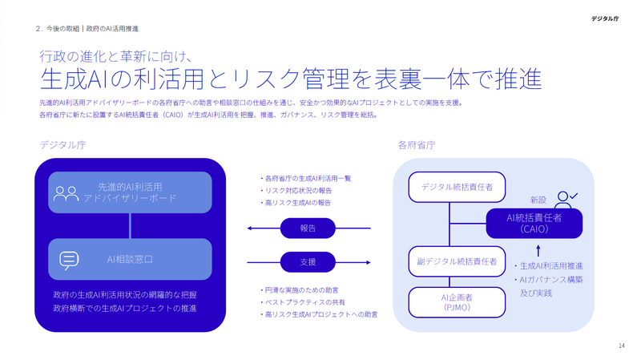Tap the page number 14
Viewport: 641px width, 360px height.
click(622, 346)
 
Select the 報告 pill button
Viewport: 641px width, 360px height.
click(308, 229)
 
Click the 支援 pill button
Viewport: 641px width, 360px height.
click(308, 261)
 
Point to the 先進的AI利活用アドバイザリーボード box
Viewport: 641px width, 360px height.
click(130, 192)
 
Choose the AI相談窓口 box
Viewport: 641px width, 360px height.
click(130, 259)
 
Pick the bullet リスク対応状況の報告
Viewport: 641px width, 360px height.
click(296, 190)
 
